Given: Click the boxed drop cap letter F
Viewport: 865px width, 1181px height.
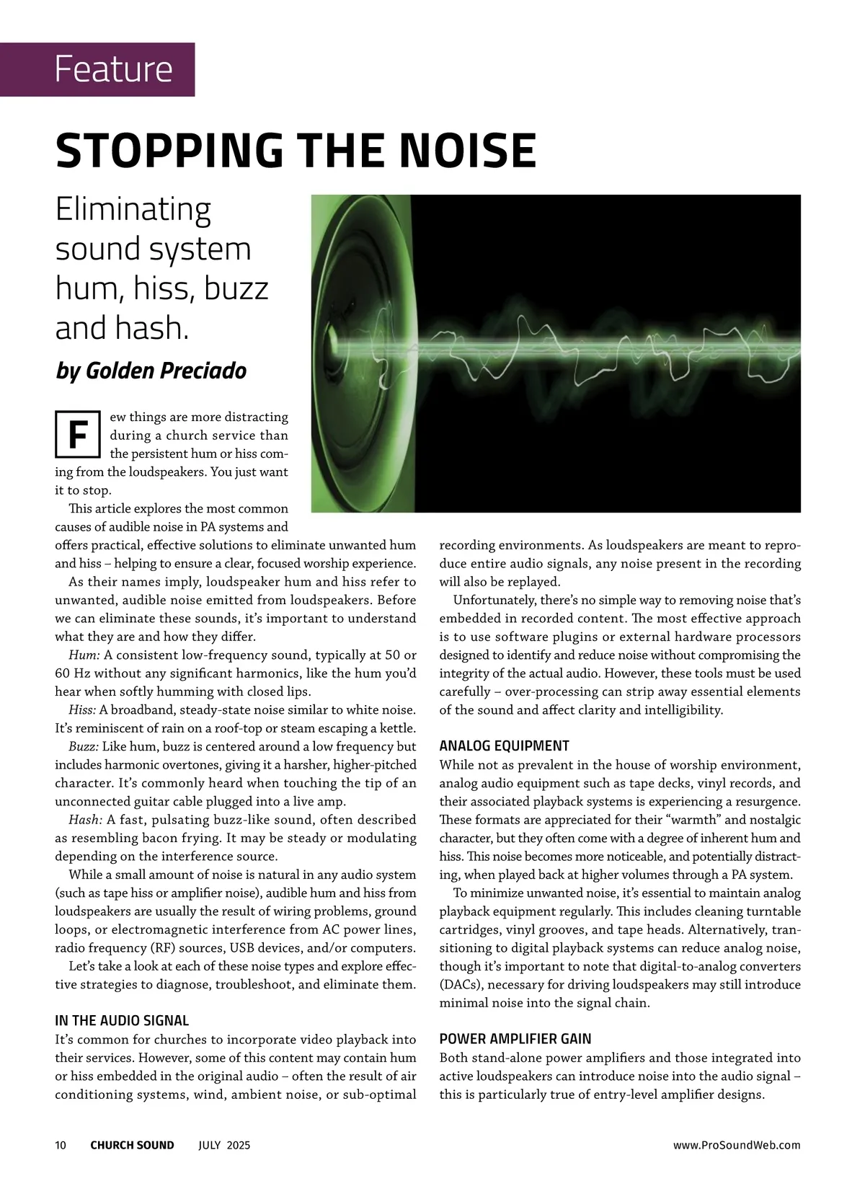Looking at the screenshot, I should [x=77, y=435].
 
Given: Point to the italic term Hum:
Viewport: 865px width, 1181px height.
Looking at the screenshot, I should [x=84, y=655].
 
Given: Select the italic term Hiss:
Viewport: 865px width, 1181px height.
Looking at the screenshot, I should [x=84, y=710].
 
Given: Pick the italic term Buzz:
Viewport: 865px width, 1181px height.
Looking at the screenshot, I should [x=84, y=747].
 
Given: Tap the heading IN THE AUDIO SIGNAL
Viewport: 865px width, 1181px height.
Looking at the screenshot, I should [x=122, y=1021].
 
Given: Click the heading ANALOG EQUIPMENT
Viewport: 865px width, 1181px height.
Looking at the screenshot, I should [x=504, y=746].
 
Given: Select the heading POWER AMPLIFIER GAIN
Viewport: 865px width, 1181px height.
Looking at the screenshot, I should [x=515, y=1039].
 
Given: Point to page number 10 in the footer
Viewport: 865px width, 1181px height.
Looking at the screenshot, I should [x=61, y=1145].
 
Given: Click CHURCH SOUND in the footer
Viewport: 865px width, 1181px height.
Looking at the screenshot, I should [x=132, y=1145].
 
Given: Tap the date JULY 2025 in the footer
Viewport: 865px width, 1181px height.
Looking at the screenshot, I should [x=224, y=1145].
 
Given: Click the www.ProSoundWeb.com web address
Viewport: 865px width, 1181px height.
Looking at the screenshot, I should [x=736, y=1145].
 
